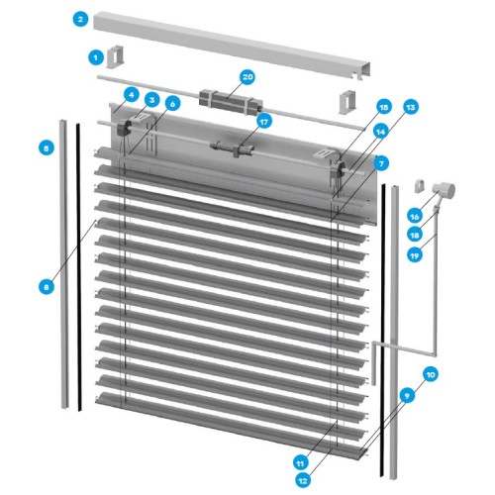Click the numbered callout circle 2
(x=80, y=19)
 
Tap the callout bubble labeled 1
(x=96, y=58)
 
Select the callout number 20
(x=247, y=77)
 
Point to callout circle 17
(x=263, y=122)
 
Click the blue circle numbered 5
(x=47, y=148)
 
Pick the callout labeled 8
(x=47, y=287)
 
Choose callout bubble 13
(x=411, y=107)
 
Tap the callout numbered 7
(x=381, y=163)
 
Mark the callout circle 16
(x=415, y=217)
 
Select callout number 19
(x=415, y=255)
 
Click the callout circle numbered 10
(x=431, y=374)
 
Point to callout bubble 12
(x=303, y=481)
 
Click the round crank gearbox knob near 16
(x=445, y=190)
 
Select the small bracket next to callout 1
(x=116, y=56)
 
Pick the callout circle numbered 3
(x=151, y=100)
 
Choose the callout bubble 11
(x=300, y=463)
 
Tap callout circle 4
(x=132, y=95)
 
